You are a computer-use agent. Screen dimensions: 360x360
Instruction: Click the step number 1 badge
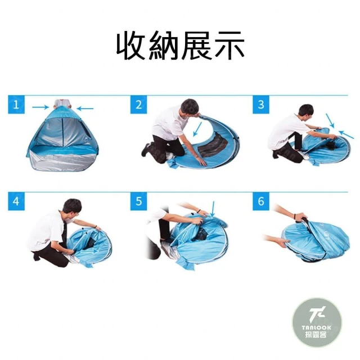tap(16, 105)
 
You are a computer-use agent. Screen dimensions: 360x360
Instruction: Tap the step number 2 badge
tap(138, 105)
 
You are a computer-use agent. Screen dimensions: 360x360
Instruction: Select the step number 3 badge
tap(261, 105)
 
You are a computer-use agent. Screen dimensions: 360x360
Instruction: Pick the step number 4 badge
tap(16, 201)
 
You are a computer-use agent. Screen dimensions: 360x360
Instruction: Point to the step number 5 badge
tap(138, 201)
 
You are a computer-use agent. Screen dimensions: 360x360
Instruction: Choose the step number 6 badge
tap(261, 201)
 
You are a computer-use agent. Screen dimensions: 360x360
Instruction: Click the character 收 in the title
tap(132, 46)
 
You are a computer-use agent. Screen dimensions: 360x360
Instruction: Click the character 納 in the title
tap(164, 46)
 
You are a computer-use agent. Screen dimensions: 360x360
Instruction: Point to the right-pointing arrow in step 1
tap(40, 107)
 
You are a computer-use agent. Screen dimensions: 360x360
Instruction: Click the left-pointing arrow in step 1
tap(85, 109)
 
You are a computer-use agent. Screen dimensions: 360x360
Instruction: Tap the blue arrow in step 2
tap(197, 129)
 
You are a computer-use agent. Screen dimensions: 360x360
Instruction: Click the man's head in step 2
tap(190, 107)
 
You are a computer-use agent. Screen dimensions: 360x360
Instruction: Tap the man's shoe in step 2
tap(146, 150)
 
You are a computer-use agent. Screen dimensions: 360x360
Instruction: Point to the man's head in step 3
tap(306, 112)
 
